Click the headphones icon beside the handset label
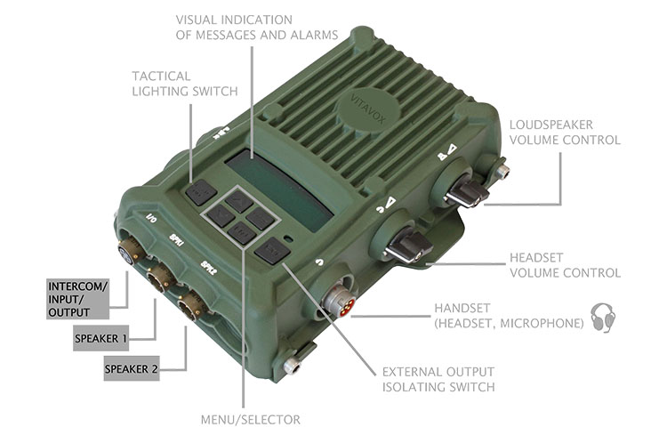pyautogui.click(x=603, y=318)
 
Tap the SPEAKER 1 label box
pyautogui.click(x=100, y=338)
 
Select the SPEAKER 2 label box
pyautogui.click(x=132, y=368)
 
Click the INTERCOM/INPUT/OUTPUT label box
pyautogui.click(x=78, y=299)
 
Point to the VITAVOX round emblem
pyautogui.click(x=368, y=109)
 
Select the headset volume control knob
pyautogui.click(x=407, y=246)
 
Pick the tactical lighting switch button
pyautogui.click(x=201, y=192)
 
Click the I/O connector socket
pyautogui.click(x=130, y=249)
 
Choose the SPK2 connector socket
pyautogui.click(x=191, y=306)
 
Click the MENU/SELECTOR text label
pyautogui.click(x=251, y=420)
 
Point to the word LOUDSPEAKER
pyautogui.click(x=551, y=125)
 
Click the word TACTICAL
pyautogui.click(x=161, y=77)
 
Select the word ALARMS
pyautogui.click(x=314, y=35)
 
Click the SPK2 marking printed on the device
pyautogui.click(x=209, y=267)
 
